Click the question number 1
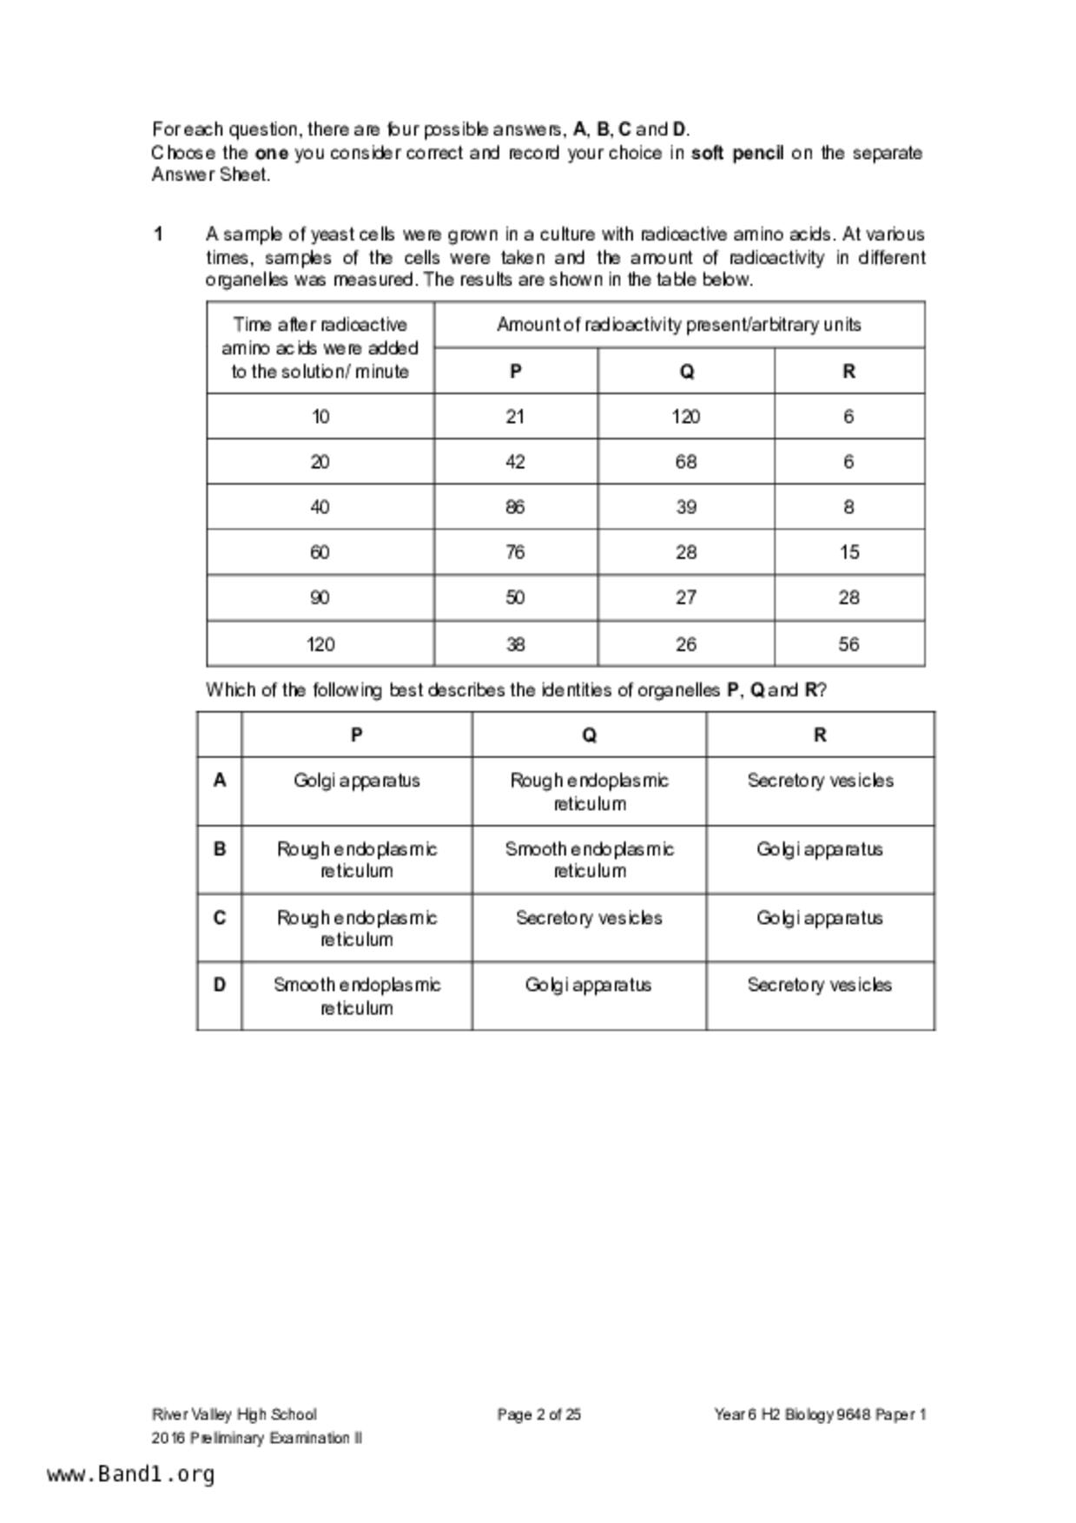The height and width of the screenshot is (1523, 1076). click(158, 234)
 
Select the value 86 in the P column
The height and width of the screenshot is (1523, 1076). click(515, 507)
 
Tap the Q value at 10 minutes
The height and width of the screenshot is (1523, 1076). click(685, 417)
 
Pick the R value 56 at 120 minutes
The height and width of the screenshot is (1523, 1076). click(848, 644)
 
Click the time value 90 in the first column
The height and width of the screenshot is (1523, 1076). click(320, 597)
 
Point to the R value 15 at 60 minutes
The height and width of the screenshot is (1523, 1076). click(848, 552)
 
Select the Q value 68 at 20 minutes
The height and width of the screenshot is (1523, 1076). click(685, 462)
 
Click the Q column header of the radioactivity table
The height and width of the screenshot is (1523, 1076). click(686, 372)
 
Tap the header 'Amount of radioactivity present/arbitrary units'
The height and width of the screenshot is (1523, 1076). click(678, 325)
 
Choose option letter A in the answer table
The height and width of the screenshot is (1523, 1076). click(220, 781)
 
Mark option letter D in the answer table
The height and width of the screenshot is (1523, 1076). click(220, 985)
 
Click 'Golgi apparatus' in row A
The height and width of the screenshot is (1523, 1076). click(357, 781)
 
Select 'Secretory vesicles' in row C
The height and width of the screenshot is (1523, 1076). click(589, 918)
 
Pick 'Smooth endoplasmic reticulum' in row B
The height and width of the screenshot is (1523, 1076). click(589, 860)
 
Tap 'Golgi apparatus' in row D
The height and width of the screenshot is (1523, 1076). click(589, 985)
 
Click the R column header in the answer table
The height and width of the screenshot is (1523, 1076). click(820, 735)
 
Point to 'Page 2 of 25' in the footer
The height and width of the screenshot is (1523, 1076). click(538, 1414)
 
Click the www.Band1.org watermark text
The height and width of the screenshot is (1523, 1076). click(131, 1474)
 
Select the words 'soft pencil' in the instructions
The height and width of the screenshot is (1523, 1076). click(737, 154)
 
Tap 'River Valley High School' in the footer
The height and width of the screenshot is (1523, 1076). click(234, 1414)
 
